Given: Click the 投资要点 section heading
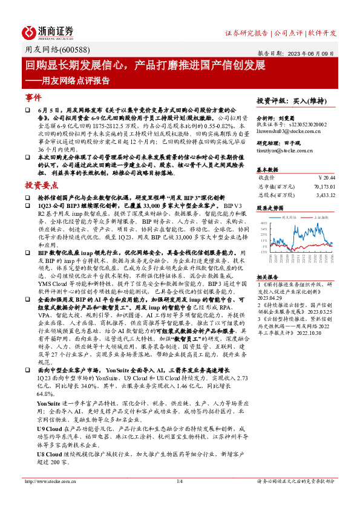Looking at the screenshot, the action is [38, 184].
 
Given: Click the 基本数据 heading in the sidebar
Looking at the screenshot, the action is [267, 169].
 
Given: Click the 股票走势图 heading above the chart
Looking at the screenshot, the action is [269, 207].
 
